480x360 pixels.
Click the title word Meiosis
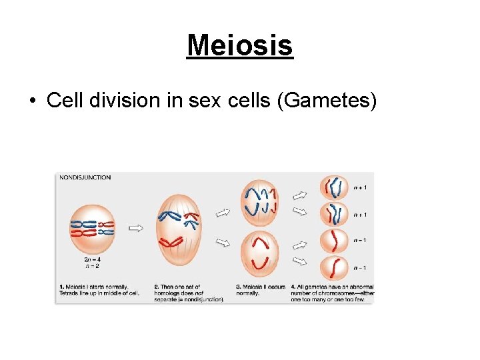[x=240, y=46]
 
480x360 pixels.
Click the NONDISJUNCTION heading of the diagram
[x=85, y=178]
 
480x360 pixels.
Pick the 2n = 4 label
[x=93, y=258]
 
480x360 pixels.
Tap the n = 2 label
[x=93, y=265]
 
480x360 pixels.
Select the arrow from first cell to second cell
[x=136, y=228]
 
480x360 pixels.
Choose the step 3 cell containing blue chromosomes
[x=260, y=202]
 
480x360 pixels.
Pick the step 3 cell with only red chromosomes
[x=260, y=253]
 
